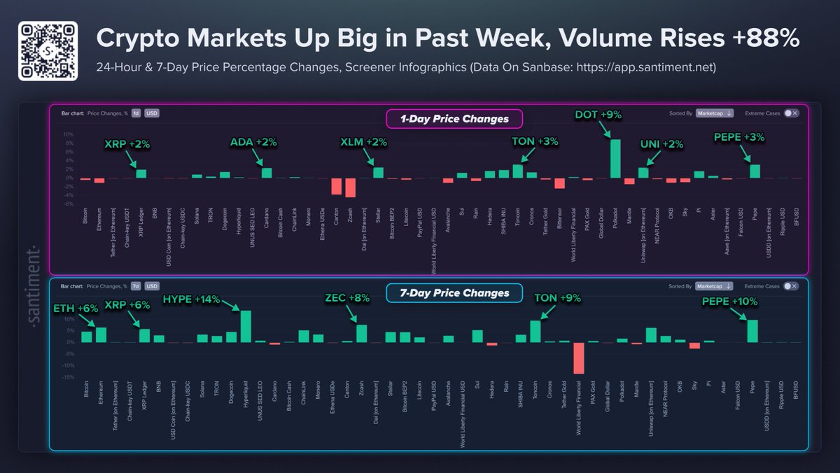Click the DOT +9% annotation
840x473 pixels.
point(599,114)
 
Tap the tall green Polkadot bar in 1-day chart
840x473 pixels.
point(615,159)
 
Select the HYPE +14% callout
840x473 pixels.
point(191,299)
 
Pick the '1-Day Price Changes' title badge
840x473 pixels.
point(454,119)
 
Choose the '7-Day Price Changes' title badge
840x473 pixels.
point(454,292)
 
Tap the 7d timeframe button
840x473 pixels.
point(136,286)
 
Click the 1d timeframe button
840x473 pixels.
point(136,113)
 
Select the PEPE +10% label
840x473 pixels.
point(730,302)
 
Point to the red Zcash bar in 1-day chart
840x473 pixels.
point(350,188)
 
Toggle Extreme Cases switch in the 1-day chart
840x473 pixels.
point(790,113)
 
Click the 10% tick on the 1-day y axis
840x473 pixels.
point(69,135)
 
